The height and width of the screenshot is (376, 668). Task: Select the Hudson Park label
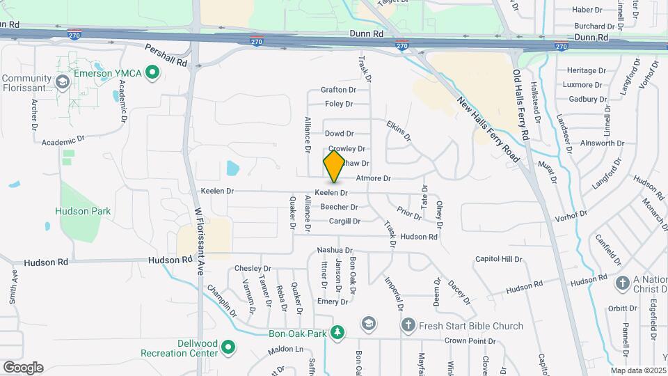click(83, 211)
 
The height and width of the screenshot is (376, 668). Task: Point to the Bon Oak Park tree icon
click(337, 333)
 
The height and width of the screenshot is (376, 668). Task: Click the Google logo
click(23, 368)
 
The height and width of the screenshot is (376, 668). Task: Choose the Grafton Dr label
click(338, 90)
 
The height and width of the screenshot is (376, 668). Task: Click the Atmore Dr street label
click(374, 179)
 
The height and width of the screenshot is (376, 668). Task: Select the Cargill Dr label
click(344, 221)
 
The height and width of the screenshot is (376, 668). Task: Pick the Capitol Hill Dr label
click(498, 259)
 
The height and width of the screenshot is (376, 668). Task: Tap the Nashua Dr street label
click(335, 250)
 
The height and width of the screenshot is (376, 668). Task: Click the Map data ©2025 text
click(639, 370)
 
